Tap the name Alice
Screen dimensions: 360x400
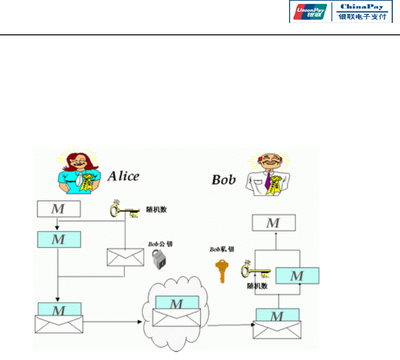point(123,176)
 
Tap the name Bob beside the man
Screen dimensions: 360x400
point(224,180)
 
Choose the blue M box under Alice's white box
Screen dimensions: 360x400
point(58,239)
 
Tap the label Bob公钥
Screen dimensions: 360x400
point(160,244)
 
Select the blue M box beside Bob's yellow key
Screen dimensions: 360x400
point(297,276)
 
